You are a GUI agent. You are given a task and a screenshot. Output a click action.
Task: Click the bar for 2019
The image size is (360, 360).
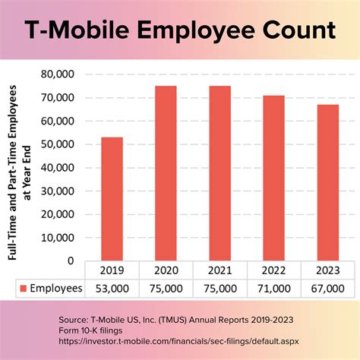[112, 199]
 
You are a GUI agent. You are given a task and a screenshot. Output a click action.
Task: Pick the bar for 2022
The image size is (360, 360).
[273, 178]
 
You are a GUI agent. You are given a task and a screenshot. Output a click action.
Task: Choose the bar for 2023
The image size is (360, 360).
[327, 182]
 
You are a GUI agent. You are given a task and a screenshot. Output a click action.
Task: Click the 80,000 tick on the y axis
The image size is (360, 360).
[59, 74]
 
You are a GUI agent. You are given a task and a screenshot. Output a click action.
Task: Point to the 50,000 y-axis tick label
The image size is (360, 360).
[59, 144]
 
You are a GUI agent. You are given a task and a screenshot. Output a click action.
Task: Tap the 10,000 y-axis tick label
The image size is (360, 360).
[59, 237]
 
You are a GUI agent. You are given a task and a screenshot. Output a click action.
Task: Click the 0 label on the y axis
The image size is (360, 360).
[71, 261]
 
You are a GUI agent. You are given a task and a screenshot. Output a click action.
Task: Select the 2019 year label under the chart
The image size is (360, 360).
[112, 270]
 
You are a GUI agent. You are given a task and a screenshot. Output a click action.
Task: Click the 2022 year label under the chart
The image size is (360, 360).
[273, 270]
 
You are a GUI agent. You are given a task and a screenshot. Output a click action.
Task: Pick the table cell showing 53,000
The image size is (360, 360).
[112, 289]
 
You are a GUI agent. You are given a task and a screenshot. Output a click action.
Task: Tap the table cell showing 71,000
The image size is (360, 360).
[273, 289]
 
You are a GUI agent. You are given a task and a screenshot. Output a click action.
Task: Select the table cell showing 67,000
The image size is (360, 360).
[327, 289]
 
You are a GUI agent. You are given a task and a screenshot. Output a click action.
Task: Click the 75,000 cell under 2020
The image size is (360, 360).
[166, 289]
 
